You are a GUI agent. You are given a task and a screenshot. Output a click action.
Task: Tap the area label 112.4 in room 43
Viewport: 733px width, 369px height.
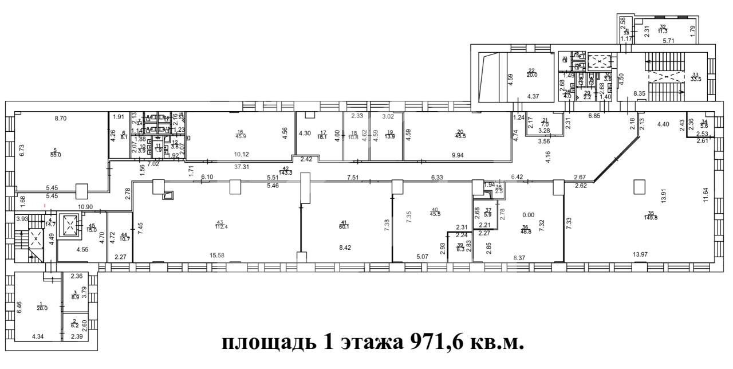coord(220,226)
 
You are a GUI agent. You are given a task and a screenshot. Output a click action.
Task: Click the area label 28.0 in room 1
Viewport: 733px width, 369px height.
coord(41,308)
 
